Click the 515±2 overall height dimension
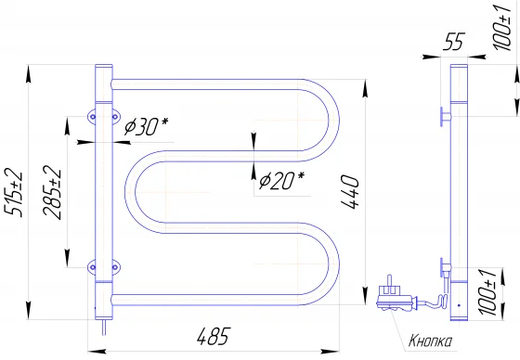point(13,192)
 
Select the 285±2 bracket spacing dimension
point(52,192)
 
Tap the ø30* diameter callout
point(147,126)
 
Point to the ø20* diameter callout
point(281,180)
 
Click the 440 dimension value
point(350,192)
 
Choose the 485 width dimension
point(214,336)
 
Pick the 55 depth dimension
point(454,42)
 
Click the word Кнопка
point(430,341)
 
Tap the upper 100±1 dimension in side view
point(502,28)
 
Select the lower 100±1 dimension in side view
point(487,292)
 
